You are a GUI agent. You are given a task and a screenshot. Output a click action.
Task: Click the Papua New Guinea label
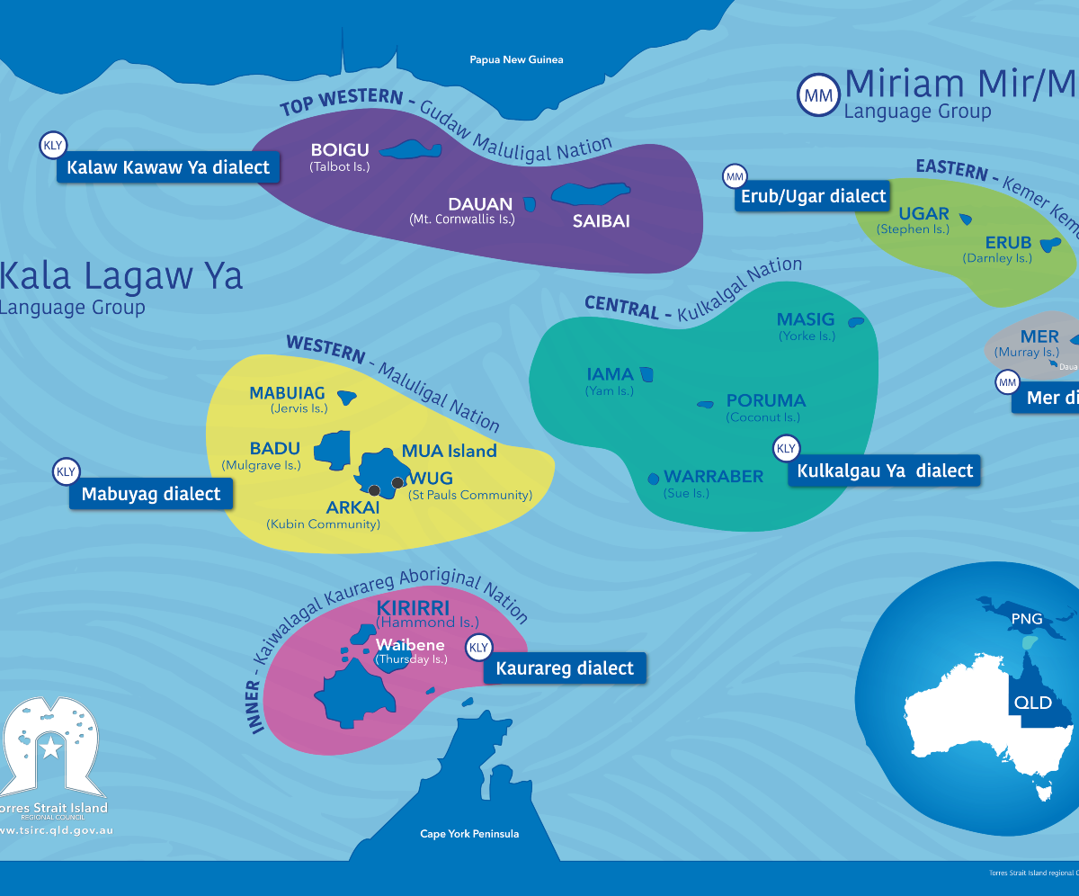click(516, 60)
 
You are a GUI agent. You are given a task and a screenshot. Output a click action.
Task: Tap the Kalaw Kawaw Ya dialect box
click(168, 167)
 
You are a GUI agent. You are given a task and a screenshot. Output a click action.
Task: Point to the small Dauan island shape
click(531, 205)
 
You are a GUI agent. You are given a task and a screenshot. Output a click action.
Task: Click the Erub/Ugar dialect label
click(813, 196)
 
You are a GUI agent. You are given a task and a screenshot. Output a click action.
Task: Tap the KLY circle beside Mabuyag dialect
click(67, 471)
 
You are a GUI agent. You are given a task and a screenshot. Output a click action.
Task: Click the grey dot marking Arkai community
click(375, 490)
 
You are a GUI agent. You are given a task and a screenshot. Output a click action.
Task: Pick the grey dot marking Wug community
click(397, 483)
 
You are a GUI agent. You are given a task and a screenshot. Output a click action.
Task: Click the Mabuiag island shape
click(345, 395)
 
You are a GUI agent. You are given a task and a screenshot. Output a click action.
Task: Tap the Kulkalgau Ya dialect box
click(885, 470)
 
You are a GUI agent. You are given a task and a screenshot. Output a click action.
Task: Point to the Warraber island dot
click(653, 479)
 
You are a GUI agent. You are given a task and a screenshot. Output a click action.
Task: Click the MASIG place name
click(806, 319)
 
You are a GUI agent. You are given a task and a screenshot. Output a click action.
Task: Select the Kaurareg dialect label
click(565, 668)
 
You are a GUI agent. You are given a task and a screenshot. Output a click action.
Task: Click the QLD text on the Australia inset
click(1032, 703)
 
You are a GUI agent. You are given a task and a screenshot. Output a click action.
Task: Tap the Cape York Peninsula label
click(469, 834)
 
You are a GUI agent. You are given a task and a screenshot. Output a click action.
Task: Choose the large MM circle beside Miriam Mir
click(818, 95)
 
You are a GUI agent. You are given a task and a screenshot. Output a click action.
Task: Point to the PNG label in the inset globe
click(1026, 620)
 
